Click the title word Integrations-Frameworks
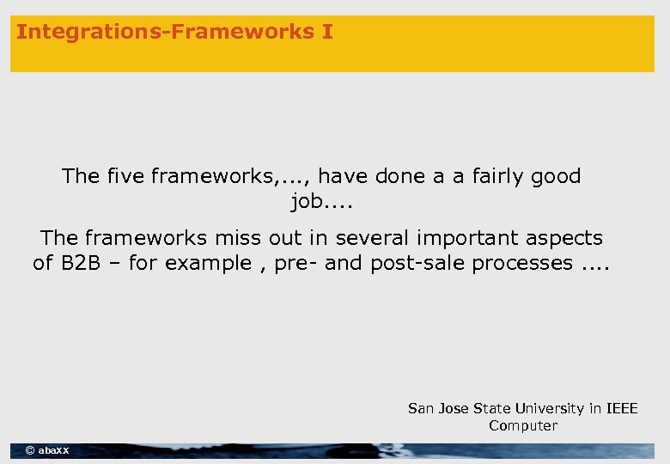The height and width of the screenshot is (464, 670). click(163, 33)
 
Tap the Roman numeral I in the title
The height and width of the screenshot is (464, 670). click(327, 33)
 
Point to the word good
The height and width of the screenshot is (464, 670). click(556, 176)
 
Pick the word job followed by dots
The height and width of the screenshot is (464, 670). click(321, 203)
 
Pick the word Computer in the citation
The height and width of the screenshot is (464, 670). click(523, 426)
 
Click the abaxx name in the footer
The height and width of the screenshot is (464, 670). click(54, 450)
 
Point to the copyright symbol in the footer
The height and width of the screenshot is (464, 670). click(30, 450)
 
